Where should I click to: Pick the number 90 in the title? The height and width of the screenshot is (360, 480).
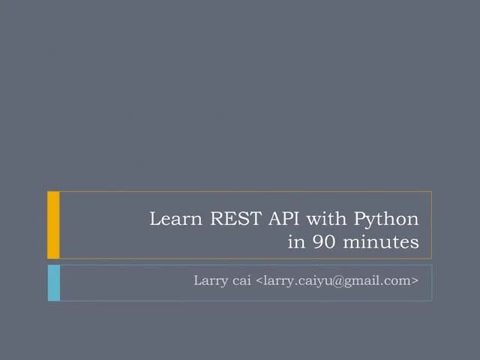(x=322, y=242)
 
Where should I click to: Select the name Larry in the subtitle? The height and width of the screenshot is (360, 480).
(x=211, y=281)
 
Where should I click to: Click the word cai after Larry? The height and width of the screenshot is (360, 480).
(x=243, y=281)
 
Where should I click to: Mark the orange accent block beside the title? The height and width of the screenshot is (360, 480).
(x=53, y=224)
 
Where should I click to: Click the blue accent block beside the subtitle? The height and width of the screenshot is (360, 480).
(x=53, y=282)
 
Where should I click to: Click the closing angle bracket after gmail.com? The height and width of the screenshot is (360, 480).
(x=414, y=281)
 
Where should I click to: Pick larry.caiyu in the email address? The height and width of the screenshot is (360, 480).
(x=296, y=282)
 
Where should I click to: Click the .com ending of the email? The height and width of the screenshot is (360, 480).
(x=395, y=281)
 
